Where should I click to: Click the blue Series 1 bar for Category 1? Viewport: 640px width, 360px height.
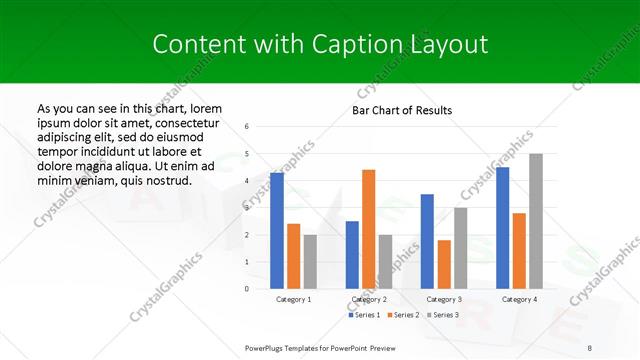[277, 231]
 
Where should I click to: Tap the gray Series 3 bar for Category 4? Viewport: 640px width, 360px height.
[536, 221]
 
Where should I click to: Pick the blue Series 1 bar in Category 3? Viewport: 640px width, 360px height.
[427, 241]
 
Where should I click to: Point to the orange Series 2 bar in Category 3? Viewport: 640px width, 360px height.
[444, 264]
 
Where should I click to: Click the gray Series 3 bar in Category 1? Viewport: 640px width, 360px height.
[310, 261]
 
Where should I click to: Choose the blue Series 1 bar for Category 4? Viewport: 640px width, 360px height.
[502, 227]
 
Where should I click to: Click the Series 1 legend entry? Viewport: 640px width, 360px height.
[366, 315]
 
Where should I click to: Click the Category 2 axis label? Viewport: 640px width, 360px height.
[369, 299]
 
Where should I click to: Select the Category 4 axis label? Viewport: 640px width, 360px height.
[519, 299]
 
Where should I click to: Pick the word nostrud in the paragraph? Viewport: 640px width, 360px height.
[165, 180]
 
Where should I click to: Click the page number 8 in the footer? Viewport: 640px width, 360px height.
[589, 347]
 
